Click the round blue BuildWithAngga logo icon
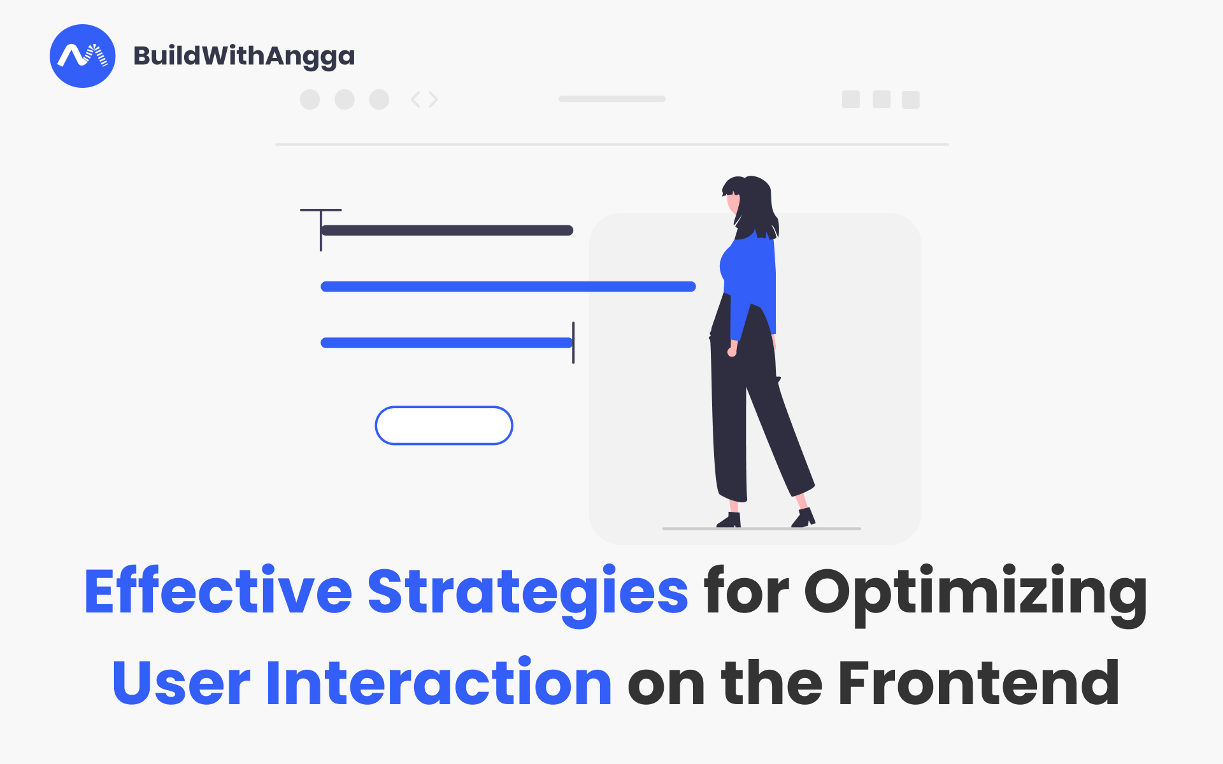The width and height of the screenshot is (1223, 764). [83, 56]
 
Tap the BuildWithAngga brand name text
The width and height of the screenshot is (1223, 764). [244, 56]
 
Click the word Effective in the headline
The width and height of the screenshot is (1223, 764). [217, 592]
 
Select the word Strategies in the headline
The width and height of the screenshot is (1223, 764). [527, 592]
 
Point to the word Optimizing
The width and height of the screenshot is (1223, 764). [975, 592]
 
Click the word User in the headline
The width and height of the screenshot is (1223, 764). [181, 684]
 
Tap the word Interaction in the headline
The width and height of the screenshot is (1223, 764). [439, 684]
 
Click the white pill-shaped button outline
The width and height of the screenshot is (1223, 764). [444, 425]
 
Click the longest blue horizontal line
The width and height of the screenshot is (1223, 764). [508, 286]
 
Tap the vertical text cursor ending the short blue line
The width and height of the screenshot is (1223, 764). [573, 343]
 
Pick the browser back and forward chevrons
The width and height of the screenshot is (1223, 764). [424, 99]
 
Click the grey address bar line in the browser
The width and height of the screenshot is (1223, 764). [612, 99]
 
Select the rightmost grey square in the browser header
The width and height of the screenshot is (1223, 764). [911, 100]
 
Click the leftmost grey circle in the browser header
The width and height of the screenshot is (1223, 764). [310, 99]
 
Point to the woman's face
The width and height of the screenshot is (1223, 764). [734, 202]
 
